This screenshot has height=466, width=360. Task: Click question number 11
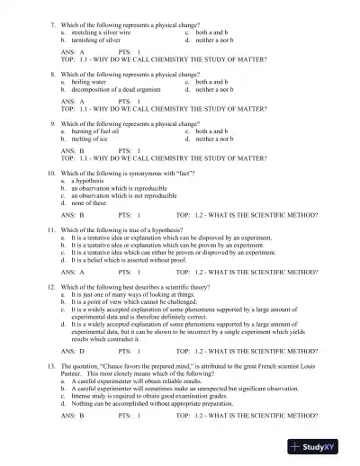(51, 230)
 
